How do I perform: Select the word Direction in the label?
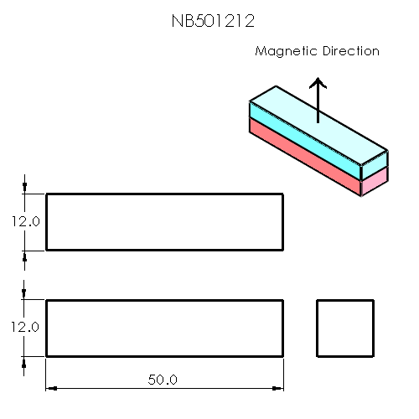coord(351,52)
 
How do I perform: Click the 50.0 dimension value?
coord(163,380)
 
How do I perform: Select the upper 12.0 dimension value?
coord(25,222)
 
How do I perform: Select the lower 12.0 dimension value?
coord(25,328)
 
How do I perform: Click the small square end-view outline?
coord(344,328)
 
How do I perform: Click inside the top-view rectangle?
coord(163,222)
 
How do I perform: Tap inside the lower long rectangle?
coord(163,328)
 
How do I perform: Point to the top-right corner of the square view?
coord(372,300)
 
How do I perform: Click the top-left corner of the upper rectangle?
coord(46,194)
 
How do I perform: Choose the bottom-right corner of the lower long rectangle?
coord(282,356)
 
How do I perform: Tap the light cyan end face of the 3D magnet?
coord(375,164)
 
